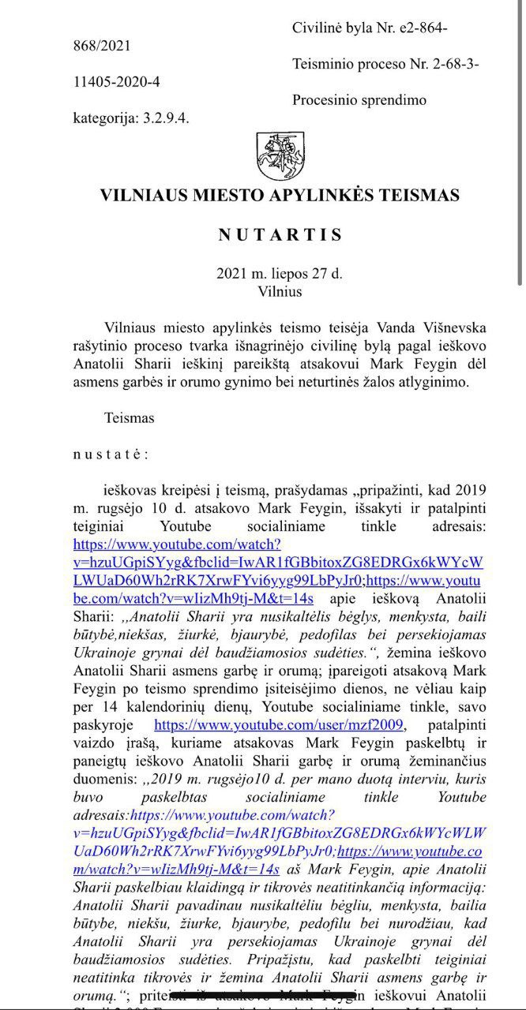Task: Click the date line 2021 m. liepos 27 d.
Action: tap(280, 275)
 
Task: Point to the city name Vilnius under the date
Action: tap(280, 290)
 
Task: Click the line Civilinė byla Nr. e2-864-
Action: tap(370, 28)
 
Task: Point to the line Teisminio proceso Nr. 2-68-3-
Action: tap(385, 64)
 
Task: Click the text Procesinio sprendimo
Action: tap(359, 100)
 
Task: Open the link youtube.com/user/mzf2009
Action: tap(279, 724)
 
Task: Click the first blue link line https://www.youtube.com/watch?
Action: tap(177, 544)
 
